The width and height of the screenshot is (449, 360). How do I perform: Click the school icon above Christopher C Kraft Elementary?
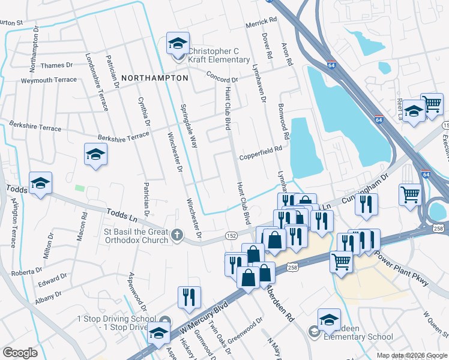click(178, 43)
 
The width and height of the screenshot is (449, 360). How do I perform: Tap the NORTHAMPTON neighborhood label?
click(155, 78)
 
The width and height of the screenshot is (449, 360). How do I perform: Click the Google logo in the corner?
click(20, 353)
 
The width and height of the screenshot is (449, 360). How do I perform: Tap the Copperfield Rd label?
click(261, 157)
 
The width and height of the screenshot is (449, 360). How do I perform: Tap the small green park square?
click(79, 188)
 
